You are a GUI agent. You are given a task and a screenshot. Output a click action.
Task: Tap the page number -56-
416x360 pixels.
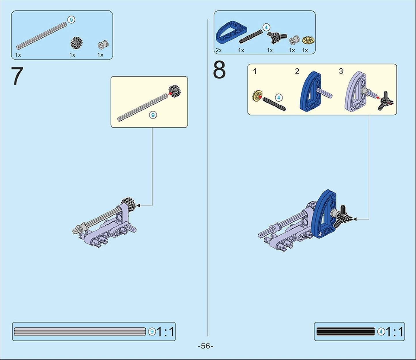206,346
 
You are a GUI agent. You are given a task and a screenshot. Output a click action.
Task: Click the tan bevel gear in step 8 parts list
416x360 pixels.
308,40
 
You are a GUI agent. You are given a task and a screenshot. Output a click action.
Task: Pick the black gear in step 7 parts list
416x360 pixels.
76,43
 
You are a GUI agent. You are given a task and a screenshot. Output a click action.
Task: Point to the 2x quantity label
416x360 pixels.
219,50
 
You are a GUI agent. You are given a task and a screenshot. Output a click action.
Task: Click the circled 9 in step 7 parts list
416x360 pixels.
71,20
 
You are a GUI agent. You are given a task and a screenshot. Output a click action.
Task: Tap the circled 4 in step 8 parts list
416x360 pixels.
266,27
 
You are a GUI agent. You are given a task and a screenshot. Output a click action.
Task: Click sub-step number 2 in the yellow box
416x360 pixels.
297,71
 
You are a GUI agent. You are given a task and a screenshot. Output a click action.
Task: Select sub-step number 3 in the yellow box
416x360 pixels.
341,71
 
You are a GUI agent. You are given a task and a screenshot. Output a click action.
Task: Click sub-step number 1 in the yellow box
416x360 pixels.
255,71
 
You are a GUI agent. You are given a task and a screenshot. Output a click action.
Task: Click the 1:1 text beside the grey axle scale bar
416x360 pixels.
165,332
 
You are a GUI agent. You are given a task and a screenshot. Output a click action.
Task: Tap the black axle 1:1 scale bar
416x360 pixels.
346,332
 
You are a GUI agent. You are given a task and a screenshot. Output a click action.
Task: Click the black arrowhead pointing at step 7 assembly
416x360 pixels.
138,206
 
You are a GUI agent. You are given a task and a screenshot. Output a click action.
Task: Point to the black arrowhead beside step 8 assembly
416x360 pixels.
355,219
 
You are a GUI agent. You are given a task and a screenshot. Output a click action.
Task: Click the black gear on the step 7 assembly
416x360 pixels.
128,204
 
